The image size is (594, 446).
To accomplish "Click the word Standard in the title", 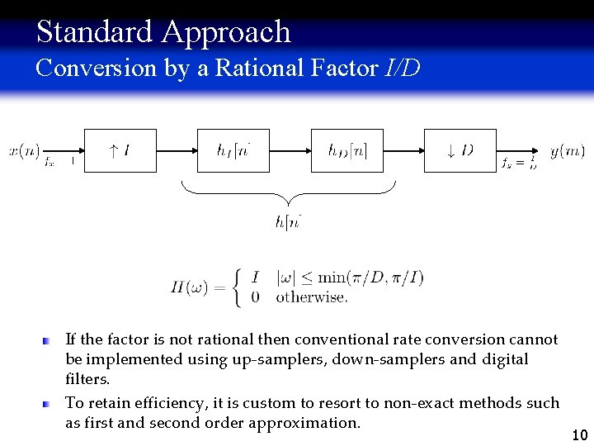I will (x=95, y=31).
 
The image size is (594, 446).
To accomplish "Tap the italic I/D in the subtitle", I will (x=403, y=68).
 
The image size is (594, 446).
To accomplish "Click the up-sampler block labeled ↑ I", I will (x=120, y=150).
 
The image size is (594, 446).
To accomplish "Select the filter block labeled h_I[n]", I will (x=233, y=150).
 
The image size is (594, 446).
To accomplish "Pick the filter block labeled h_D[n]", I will (x=347, y=150).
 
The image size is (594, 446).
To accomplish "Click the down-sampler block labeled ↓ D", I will (x=460, y=150).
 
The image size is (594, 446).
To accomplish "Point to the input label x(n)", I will (x=24, y=150).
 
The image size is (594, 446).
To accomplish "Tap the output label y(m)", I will (x=568, y=150).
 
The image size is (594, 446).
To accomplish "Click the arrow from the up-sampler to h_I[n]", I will (x=177, y=150).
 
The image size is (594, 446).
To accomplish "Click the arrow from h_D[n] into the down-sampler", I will (x=403, y=150).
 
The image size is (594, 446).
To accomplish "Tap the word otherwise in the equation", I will (x=311, y=297).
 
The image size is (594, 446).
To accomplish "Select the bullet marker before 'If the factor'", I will (x=49, y=339).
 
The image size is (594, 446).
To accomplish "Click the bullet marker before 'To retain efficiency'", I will (x=49, y=403).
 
